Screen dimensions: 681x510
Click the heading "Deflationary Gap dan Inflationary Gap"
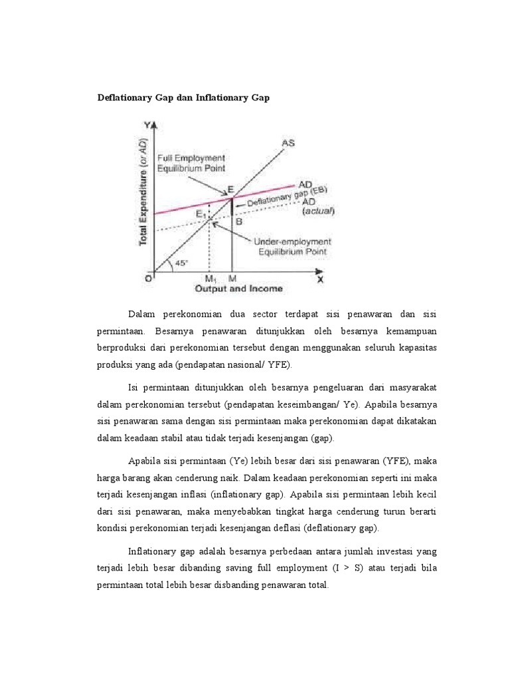click(184, 98)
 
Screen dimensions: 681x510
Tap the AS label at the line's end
click(288, 142)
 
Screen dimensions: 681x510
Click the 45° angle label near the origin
click(181, 263)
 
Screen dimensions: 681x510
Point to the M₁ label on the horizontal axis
click(211, 279)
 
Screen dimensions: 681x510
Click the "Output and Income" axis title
click(238, 289)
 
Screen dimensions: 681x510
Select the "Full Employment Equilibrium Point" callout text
click(191, 163)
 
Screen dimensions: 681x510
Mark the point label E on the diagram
click(230, 190)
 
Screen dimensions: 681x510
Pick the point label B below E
click(238, 223)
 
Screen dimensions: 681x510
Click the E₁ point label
click(201, 213)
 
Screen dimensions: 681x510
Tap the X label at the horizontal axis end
click(319, 279)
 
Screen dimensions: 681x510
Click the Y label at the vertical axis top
click(147, 124)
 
